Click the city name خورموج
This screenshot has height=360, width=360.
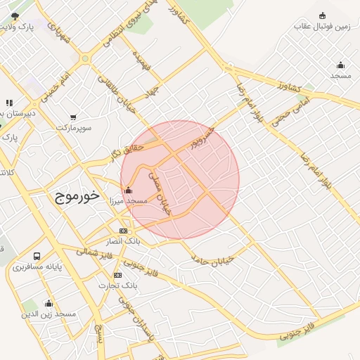click(77, 196)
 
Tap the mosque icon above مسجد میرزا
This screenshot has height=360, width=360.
click(128, 190)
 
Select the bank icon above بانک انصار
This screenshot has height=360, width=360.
click(124, 231)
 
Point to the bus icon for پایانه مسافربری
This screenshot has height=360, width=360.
click(37, 257)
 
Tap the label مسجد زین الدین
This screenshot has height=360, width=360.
click(49, 313)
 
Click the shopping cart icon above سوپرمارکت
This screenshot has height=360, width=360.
click(73, 117)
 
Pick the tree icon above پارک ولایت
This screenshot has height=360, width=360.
click(15, 16)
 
